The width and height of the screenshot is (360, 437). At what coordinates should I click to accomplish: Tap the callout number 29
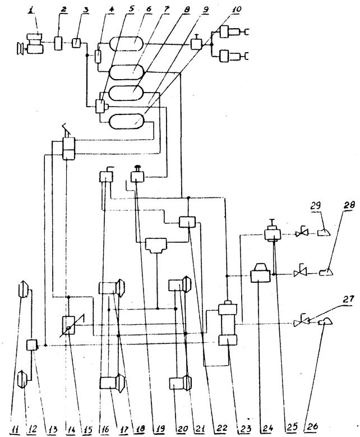coord(316,206)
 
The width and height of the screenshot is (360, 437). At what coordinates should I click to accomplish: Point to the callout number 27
coord(348,299)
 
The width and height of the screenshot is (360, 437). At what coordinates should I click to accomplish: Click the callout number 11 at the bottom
coord(15,429)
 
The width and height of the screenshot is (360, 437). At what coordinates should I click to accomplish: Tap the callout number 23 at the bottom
coord(245,429)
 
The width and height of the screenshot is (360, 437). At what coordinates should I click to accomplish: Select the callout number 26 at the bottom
coord(312,426)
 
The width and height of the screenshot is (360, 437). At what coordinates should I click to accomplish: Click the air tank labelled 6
coord(126,43)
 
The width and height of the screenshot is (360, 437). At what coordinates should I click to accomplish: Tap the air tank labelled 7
coord(126,72)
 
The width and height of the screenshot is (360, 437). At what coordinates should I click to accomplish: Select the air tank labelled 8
coord(126,93)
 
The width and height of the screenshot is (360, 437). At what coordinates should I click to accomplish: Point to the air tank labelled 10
coord(126,121)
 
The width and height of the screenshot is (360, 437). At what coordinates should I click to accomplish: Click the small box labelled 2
coord(58,43)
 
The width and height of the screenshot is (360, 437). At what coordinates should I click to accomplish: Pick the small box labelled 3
coord(76,43)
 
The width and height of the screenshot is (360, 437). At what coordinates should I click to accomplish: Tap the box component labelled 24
coord(260,274)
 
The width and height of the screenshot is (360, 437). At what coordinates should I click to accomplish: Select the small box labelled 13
coord(31,345)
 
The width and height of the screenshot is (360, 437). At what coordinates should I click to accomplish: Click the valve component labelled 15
coord(68,325)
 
